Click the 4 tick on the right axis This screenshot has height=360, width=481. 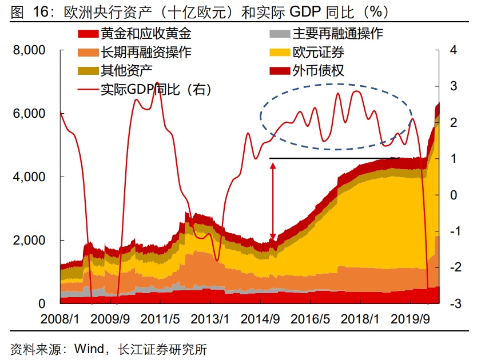coord(453,50)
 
